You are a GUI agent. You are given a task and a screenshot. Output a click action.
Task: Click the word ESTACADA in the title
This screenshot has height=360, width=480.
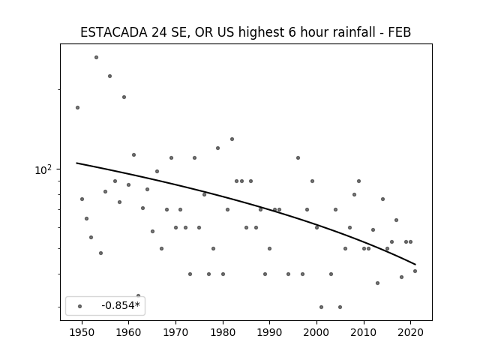point(113,32)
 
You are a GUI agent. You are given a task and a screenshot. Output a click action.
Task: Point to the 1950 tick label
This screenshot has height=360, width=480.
point(82,332)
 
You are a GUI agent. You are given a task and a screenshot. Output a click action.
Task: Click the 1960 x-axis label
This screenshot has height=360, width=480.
point(128,332)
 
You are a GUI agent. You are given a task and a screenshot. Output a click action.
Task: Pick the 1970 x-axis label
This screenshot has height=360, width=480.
point(175,332)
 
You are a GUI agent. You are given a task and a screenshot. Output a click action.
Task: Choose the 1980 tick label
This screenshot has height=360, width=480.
point(223,332)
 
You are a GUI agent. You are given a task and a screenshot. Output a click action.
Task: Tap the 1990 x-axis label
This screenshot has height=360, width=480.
point(270,332)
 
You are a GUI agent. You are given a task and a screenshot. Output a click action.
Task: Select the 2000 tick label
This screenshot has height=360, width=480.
point(316,332)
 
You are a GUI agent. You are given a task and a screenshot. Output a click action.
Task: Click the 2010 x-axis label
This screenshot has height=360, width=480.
point(364,332)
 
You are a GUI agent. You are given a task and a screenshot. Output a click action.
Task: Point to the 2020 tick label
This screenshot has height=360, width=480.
point(411,332)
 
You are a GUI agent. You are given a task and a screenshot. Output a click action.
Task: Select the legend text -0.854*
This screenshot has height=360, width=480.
point(121,305)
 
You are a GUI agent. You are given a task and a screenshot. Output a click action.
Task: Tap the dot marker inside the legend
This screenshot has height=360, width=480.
point(80,307)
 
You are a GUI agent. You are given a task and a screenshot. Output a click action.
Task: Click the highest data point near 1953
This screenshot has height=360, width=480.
point(96,58)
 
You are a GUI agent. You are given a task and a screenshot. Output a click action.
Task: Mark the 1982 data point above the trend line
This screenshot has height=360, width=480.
point(232,139)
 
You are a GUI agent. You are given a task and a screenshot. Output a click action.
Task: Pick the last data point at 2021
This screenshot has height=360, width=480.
point(415,271)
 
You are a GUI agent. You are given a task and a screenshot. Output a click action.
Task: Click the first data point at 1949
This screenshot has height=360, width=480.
point(77,108)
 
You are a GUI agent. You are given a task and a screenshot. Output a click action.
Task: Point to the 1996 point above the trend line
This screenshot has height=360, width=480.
point(298,158)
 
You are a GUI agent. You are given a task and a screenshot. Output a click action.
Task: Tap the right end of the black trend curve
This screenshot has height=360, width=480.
point(415,265)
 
